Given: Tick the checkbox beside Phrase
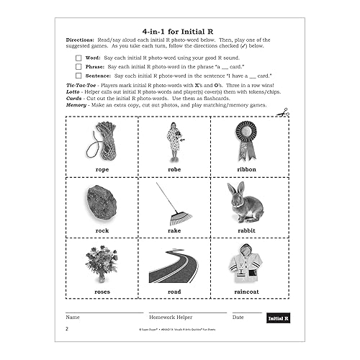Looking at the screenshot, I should click(78, 66).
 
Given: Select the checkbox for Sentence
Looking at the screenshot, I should click(78, 76).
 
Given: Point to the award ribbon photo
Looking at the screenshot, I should click(247, 140).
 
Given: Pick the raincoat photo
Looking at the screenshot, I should click(246, 264).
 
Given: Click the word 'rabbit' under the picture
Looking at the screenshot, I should click(246, 230).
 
